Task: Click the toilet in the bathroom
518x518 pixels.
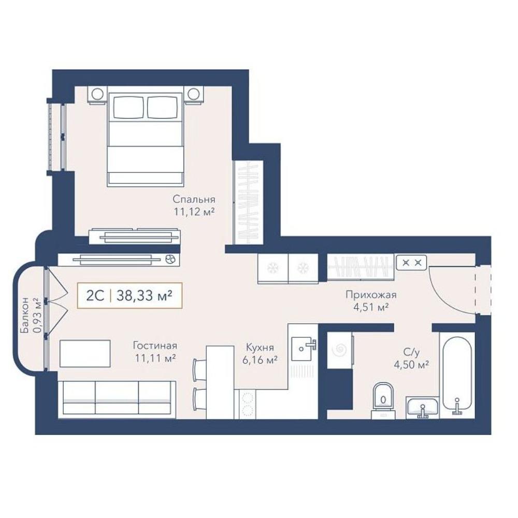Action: coord(383,400)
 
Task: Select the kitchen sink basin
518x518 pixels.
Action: coord(301,349)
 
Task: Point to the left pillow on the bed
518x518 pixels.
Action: coord(128,107)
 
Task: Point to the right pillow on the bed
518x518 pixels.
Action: coord(162,107)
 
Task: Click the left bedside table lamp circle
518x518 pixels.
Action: coord(97,94)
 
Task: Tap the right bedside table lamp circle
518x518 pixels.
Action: coord(194,94)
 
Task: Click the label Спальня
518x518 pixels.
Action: coord(194,199)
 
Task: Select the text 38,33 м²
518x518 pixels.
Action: coord(145,296)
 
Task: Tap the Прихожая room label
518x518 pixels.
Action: coord(371,295)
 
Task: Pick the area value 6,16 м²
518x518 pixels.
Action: coord(260,360)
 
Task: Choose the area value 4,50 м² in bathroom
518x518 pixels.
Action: coord(411,365)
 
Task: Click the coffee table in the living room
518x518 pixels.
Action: coord(85,353)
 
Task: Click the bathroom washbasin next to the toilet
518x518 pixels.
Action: coord(422,407)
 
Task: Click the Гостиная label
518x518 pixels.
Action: coord(155,346)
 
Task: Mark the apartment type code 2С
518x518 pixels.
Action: coord(95,296)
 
